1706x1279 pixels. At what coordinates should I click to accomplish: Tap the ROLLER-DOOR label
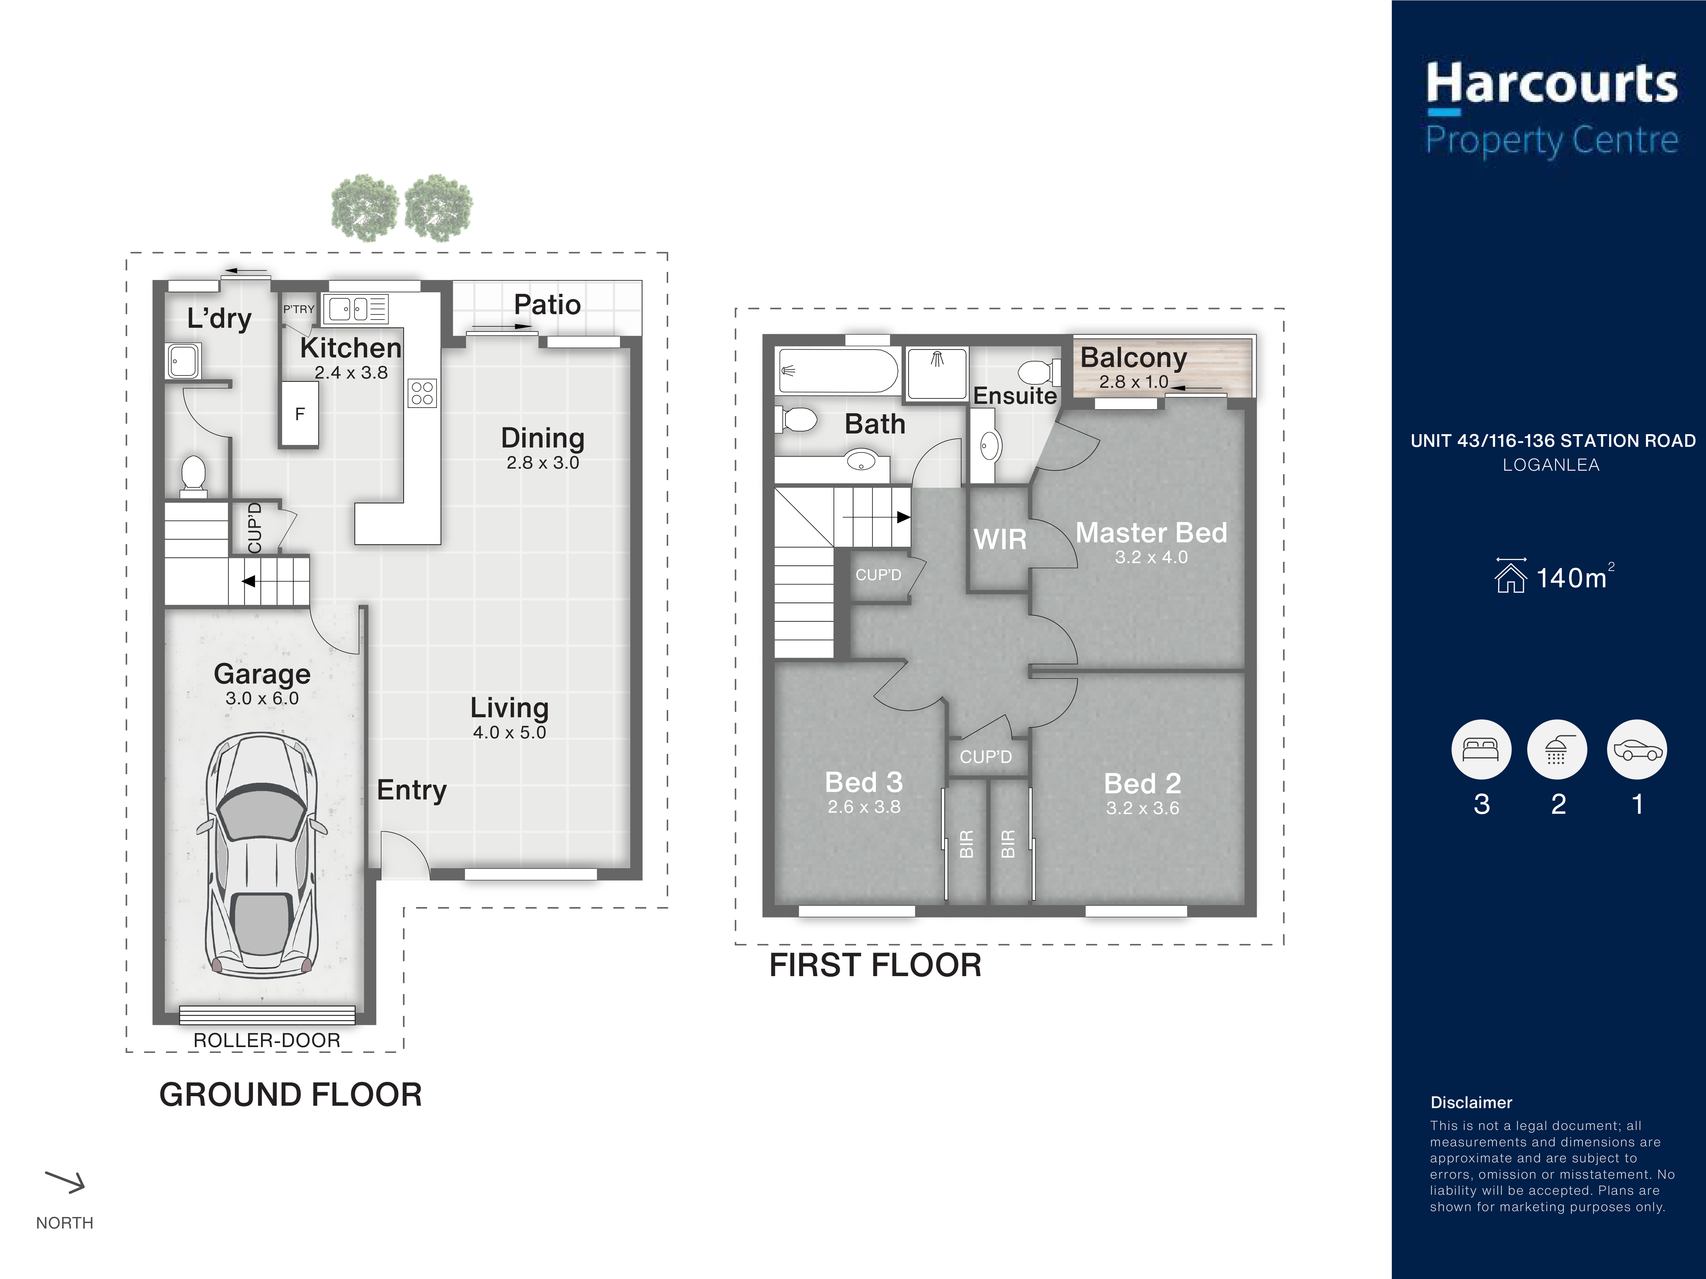266,1040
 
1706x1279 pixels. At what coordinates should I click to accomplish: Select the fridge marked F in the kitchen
299,414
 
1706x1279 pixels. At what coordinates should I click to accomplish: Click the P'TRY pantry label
299,309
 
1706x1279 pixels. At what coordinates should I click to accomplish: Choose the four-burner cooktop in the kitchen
422,393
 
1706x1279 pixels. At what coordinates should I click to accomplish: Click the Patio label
547,305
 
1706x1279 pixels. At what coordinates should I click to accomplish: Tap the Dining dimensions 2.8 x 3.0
543,462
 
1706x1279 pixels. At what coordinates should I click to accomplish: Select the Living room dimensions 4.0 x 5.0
509,732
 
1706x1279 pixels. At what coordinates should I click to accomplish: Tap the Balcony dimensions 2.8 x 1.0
1134,382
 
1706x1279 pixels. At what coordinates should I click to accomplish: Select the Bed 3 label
864,782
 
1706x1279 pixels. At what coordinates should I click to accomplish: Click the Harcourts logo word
1552,83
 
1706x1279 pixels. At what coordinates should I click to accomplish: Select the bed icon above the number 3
1481,749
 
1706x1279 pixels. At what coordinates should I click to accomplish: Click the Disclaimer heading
1471,1102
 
